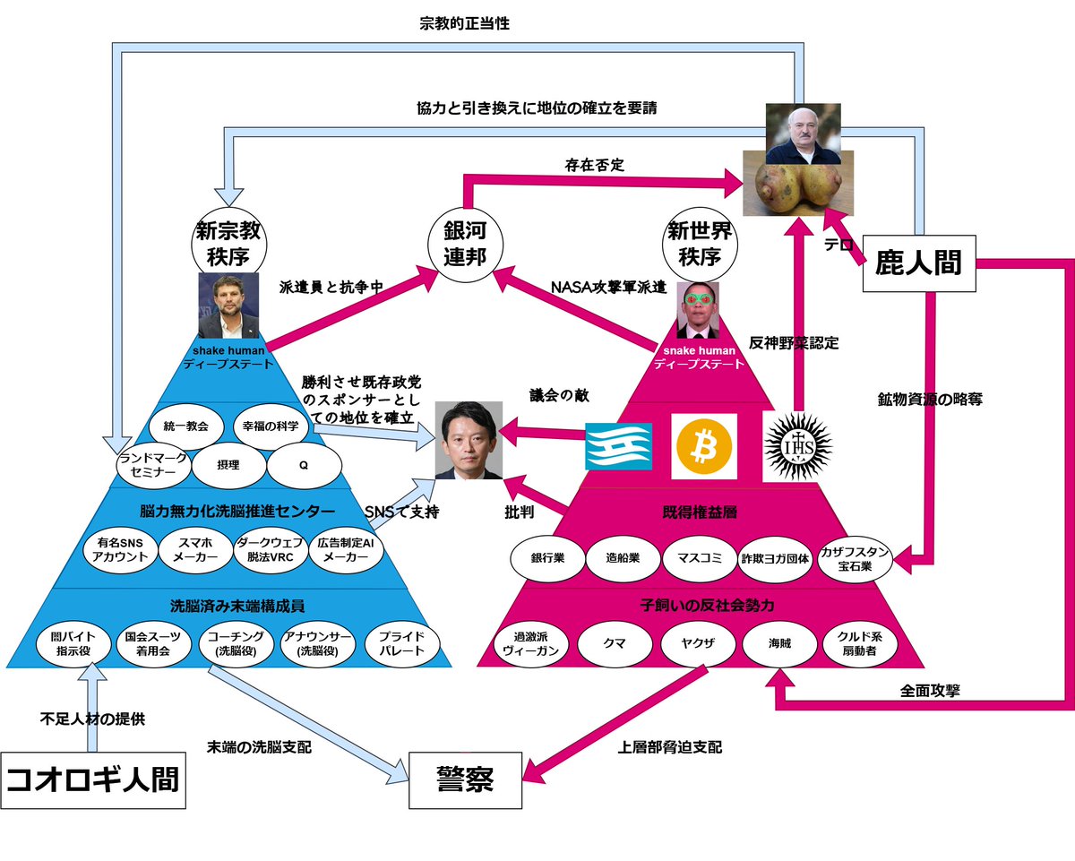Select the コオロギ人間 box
pos(93,779)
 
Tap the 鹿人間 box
pos(917,263)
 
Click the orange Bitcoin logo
pos(704,446)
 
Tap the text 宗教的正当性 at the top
pos(464,24)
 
